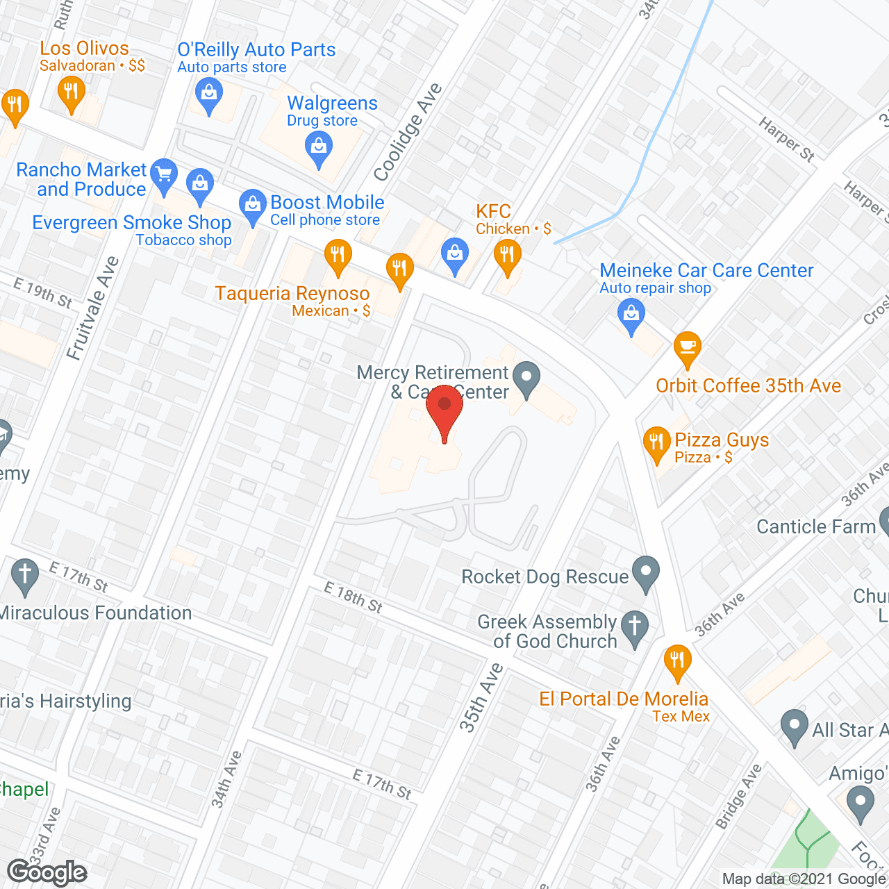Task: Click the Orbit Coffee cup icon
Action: [x=687, y=347]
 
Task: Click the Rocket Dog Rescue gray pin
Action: [x=647, y=573]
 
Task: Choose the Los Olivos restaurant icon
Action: [x=71, y=92]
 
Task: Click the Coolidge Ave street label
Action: [x=408, y=131]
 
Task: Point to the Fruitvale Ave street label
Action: [x=93, y=308]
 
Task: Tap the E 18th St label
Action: [x=354, y=597]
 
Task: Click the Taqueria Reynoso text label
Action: [x=292, y=293]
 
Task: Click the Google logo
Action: [x=47, y=872]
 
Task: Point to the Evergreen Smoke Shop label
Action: [x=132, y=222]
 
